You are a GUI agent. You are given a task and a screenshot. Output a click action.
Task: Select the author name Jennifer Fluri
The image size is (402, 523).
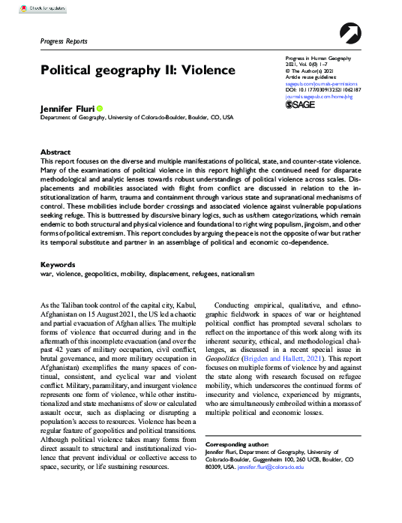point(67,109)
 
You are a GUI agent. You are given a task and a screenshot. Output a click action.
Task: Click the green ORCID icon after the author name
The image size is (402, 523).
point(100,109)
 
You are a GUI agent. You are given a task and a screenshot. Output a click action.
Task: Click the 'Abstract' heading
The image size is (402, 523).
point(55,151)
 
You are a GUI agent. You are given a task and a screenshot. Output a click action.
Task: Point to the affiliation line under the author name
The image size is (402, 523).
point(136,119)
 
